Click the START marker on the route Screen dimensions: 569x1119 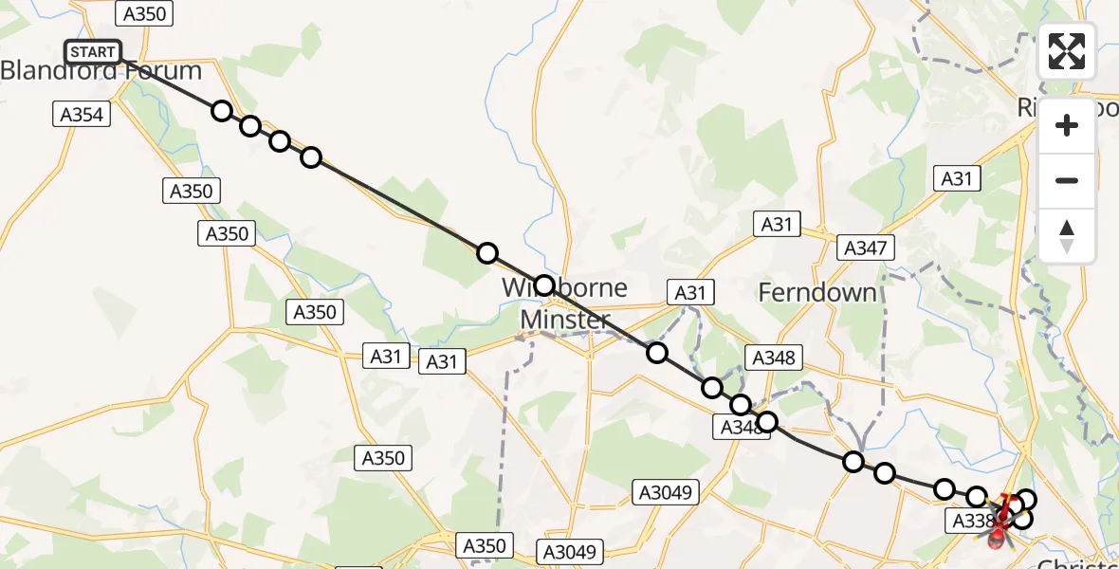pyautogui.click(x=93, y=52)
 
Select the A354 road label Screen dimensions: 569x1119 pyautogui.click(x=82, y=114)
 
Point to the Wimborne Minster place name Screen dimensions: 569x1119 pyautogui.click(x=565, y=303)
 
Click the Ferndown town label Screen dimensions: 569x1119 pyautogui.click(x=817, y=293)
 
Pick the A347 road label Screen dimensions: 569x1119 pyautogui.click(x=866, y=248)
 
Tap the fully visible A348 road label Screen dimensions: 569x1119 pyautogui.click(x=775, y=358)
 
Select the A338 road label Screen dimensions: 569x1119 pyautogui.click(x=970, y=520)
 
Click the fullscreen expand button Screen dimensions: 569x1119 pyautogui.click(x=1067, y=52)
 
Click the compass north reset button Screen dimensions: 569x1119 pyautogui.click(x=1067, y=235)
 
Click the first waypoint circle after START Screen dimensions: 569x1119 pyautogui.click(x=222, y=111)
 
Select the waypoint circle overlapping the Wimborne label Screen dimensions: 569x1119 pyautogui.click(x=544, y=284)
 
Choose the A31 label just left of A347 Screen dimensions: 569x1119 pyautogui.click(x=776, y=225)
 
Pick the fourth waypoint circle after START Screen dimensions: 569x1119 pyautogui.click(x=311, y=157)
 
